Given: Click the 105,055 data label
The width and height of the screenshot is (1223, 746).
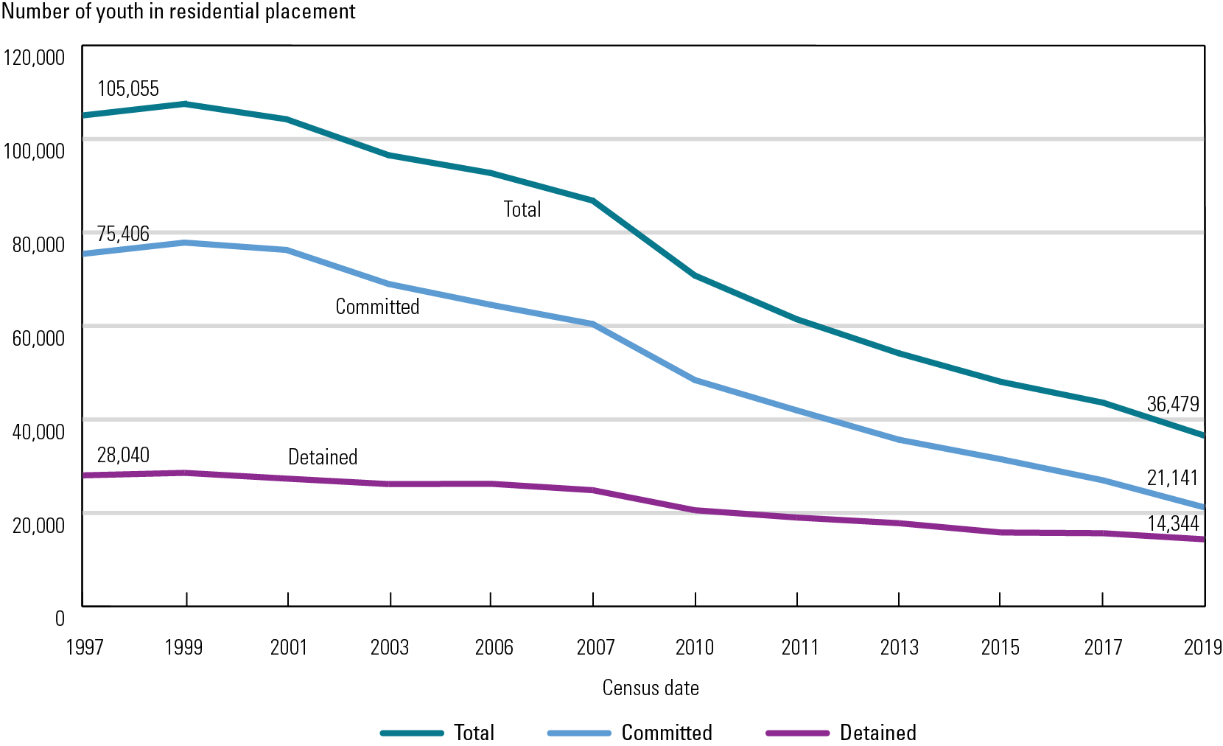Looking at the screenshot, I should click(128, 88).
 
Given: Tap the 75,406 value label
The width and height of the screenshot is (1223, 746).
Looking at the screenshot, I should click(123, 234).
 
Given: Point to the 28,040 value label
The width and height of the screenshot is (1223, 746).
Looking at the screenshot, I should click(123, 455).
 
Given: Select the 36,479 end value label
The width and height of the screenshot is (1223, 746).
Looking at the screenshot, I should click(1173, 404).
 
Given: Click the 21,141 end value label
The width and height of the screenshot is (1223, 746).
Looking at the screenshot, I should click(1173, 478).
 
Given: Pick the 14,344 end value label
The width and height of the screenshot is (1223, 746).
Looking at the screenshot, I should click(1173, 523).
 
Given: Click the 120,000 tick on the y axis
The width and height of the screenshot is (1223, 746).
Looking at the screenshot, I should click(34, 57).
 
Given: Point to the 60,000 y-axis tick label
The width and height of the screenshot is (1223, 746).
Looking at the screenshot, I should click(38, 338).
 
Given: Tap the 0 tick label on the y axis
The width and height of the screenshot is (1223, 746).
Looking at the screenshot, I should click(60, 618).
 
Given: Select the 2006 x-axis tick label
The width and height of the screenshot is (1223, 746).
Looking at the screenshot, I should click(494, 647).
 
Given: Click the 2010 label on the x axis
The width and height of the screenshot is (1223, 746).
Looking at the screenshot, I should click(695, 647).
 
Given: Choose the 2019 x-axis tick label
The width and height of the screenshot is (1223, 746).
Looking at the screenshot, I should click(1202, 647).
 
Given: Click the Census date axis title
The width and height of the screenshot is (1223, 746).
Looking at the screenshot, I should click(651, 688).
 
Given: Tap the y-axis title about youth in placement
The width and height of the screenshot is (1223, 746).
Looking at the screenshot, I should click(178, 12).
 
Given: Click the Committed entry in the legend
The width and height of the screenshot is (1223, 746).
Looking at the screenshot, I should click(667, 733).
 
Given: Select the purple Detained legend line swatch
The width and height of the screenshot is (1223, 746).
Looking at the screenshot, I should click(797, 733).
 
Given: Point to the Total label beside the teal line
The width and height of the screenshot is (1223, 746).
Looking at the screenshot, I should click(522, 209).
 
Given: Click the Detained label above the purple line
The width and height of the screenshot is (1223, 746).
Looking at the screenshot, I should click(323, 457).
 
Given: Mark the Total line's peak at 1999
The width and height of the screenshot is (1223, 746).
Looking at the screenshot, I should click(186, 104).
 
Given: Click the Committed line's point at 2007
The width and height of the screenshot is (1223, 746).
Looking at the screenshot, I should click(593, 324).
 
